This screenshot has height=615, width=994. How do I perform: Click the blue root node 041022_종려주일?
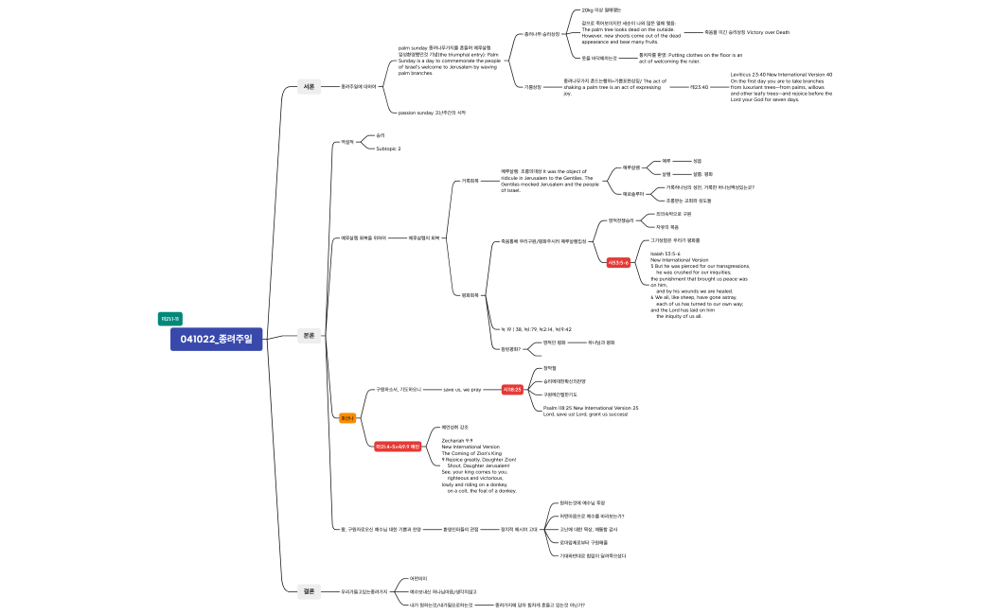pos(216,339)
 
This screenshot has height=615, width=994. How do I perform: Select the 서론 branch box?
pos(309,87)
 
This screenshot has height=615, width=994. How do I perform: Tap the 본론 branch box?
pos(309,335)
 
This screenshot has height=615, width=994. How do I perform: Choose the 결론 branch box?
pos(309,590)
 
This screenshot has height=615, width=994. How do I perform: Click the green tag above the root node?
pos(170,318)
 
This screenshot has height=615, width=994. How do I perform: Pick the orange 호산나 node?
pos(347,417)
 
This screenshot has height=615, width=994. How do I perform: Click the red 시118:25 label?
pos(512,389)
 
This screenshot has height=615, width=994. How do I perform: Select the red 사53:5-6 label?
pos(618,263)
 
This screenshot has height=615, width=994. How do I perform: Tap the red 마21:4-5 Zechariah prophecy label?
pos(398,446)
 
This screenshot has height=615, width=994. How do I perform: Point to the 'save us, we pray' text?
pos(462,389)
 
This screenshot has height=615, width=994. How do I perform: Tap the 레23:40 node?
pos(700,86)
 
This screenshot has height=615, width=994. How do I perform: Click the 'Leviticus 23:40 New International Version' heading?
pos(781,74)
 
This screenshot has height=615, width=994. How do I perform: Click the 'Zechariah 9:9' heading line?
pos(458,440)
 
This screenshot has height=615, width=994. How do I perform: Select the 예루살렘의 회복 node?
pos(423,237)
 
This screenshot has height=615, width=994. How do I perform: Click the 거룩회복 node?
pos(470,180)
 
